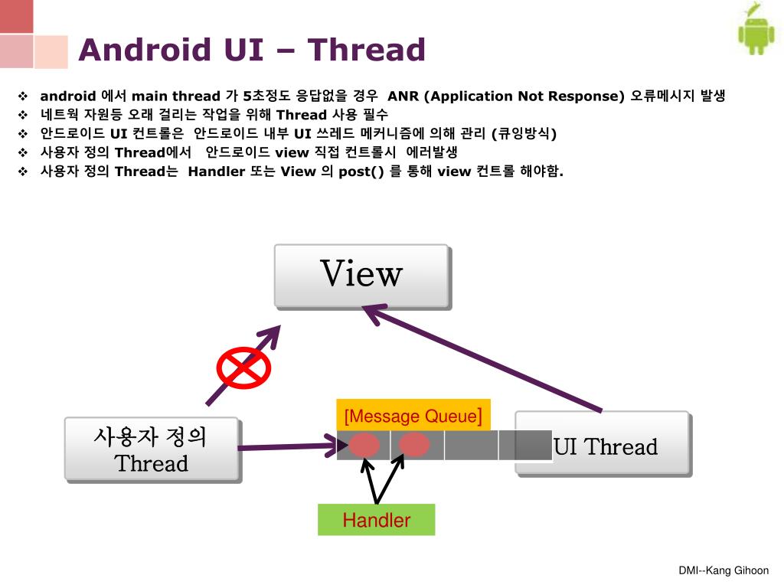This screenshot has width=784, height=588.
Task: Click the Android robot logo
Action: pos(756,31)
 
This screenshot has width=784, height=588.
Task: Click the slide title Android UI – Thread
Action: pos(252,51)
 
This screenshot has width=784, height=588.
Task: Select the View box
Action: pos(361,275)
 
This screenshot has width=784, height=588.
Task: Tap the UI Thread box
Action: pos(604,446)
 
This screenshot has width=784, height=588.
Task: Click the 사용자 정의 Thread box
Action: pos(152,449)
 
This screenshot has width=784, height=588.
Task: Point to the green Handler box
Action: pos(376,520)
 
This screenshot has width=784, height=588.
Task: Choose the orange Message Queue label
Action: pos(413,416)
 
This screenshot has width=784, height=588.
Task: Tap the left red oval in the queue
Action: pos(365,445)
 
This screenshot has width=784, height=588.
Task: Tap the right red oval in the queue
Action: pos(414,445)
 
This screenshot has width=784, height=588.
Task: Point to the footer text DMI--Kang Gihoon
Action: pos(724,570)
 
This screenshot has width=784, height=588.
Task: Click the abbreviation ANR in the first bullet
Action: pos(403,96)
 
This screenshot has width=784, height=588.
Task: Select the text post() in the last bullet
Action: pos(361,171)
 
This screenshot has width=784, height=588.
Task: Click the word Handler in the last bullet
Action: pos(215,171)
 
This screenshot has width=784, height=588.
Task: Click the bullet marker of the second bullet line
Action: pos(22,115)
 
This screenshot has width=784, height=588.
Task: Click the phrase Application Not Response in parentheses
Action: pos(524,96)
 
